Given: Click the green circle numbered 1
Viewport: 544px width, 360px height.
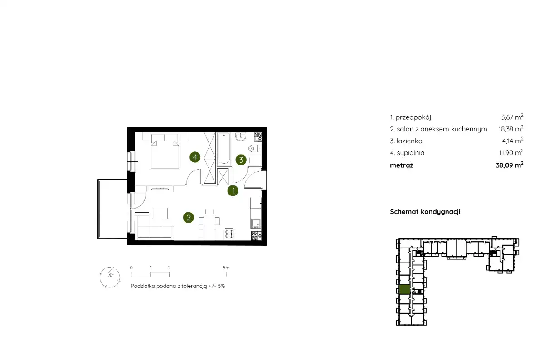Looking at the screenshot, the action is (233, 191).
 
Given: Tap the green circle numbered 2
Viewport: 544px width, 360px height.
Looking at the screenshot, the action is (189, 218).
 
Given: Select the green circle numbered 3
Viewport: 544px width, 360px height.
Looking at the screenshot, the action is (241, 160).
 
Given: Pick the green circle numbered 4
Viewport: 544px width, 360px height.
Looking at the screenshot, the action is (195, 157).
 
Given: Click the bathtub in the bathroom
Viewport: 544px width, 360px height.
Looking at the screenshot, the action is (223, 149).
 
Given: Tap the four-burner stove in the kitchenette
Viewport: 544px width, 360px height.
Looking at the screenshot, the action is (229, 234).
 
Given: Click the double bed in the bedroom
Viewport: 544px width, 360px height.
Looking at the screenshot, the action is (165, 155).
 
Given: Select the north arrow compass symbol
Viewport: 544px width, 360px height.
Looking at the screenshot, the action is (110, 277).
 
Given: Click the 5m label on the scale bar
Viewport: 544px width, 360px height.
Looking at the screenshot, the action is (226, 268).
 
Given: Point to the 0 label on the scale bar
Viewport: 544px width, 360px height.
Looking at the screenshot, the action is (131, 268).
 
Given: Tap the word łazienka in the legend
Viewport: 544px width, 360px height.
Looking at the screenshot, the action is (409, 141).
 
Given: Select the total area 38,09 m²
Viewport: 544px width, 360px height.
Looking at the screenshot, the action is (510, 165).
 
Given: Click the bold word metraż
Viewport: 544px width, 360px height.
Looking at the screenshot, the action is (402, 165).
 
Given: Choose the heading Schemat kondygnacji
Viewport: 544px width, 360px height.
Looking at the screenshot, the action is (425, 212).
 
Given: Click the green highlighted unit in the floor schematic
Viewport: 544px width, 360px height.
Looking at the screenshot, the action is (404, 289).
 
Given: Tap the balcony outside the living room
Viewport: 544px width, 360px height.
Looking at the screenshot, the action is (112, 209).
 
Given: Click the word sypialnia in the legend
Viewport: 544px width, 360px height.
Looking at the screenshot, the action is (411, 153).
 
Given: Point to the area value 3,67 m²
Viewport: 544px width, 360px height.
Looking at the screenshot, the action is (512, 117).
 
